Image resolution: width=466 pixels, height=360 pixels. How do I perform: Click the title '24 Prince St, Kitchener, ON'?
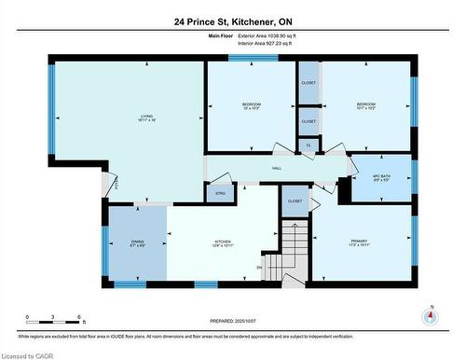coord(233,21)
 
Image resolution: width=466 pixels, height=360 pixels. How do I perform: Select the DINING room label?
coord(136,244)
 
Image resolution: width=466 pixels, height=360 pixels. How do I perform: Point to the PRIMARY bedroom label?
coord(360,244)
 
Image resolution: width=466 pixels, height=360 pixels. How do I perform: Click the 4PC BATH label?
coord(380,178)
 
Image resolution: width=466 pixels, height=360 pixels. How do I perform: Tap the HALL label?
coord(277,169)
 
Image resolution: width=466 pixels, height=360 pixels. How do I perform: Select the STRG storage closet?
coord(221,194)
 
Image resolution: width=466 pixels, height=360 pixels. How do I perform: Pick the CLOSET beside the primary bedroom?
coord(295,201)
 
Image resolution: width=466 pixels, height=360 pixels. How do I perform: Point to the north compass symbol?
coord(429,318)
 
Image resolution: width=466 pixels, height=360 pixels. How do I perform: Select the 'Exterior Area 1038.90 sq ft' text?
coord(271,35)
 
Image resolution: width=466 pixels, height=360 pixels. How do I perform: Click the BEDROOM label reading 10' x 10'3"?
coord(251,105)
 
